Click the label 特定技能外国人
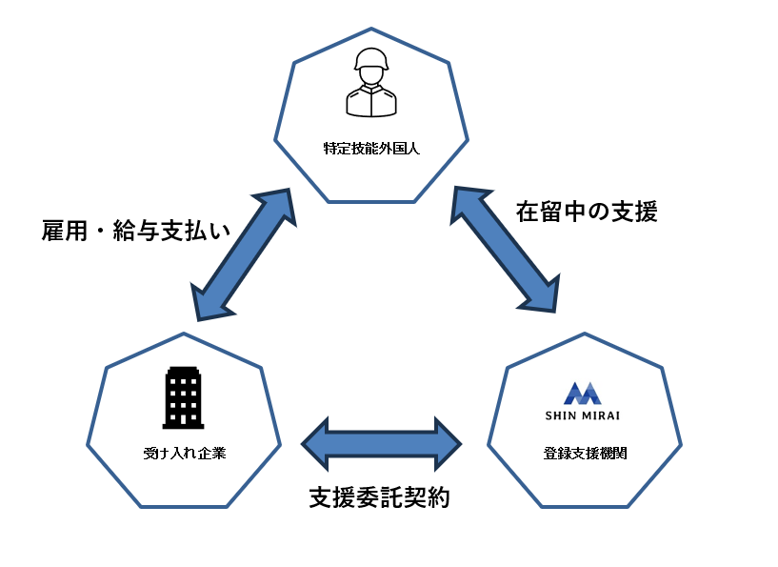click(371, 149)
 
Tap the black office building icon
click(184, 397)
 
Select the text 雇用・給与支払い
click(136, 232)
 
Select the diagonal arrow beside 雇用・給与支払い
click(243, 253)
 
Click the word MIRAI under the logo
click(600, 415)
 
